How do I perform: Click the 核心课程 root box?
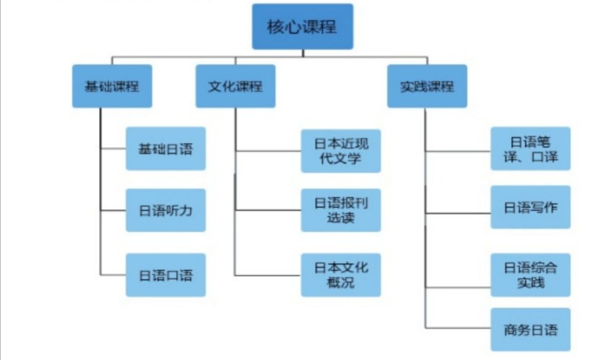(x=302, y=26)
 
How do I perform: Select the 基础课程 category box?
(x=112, y=86)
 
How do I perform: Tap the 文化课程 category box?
(x=235, y=86)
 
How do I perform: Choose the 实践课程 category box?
(x=427, y=86)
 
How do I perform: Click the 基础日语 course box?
(x=166, y=149)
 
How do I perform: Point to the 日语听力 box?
(x=166, y=210)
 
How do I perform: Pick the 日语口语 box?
(x=166, y=274)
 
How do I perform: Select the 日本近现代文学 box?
(x=341, y=151)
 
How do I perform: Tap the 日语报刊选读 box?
(x=341, y=210)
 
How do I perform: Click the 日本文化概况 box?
(x=341, y=274)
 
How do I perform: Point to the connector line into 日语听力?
(x=113, y=210)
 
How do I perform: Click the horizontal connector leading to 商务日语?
(x=458, y=329)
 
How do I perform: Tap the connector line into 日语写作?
(x=458, y=214)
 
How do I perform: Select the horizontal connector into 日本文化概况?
(x=268, y=274)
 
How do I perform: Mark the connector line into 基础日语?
(x=113, y=148)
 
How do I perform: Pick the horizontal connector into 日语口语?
(x=113, y=274)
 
